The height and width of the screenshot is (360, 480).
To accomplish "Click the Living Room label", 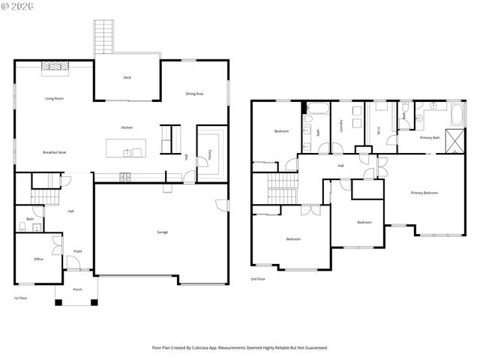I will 54,98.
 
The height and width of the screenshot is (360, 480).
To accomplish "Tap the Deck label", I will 127,77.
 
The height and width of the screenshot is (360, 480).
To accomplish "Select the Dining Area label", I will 195,93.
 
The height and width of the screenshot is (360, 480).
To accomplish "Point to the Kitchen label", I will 127,127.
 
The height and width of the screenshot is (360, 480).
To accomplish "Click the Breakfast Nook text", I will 54,152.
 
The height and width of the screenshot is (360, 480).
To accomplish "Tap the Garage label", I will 162,232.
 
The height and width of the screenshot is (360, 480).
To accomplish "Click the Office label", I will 38,259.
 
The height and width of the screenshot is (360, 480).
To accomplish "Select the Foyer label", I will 77,251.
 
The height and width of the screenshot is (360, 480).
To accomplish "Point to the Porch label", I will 77,289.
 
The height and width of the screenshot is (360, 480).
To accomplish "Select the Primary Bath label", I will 430,138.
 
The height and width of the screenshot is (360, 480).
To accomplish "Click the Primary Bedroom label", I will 424,193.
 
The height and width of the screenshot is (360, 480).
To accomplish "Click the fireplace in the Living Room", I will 53,67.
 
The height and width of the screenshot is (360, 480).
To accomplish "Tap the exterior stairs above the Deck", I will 103,36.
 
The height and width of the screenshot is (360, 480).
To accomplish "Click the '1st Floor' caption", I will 21,298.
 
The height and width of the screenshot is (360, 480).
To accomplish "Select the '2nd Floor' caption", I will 258,279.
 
